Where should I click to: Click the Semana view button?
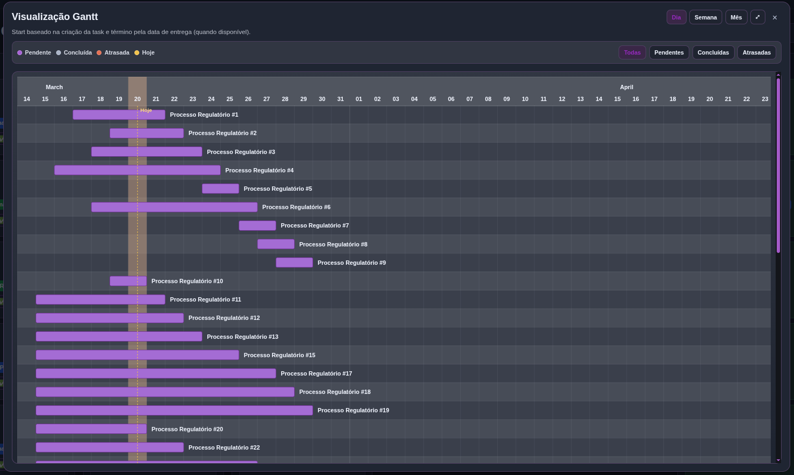point(705,17)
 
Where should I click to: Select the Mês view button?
point(736,17)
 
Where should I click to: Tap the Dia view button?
point(676,17)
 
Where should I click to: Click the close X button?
point(775,17)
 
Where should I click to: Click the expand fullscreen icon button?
point(757,17)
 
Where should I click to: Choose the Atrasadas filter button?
point(756,52)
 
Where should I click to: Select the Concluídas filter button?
point(713,52)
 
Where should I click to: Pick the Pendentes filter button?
point(669,52)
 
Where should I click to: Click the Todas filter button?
point(632,52)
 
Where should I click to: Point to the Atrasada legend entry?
point(113,52)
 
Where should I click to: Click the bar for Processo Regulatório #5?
point(220,189)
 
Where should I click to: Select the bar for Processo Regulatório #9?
point(294,263)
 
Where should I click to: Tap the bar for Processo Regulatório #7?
point(257,225)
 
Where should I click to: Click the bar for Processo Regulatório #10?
point(128,281)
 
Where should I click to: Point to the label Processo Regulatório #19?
point(353,410)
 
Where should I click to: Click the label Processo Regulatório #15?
point(279,355)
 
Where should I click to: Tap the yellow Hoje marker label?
point(146,110)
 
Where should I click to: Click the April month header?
point(626,87)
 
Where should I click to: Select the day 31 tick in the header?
point(341,99)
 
